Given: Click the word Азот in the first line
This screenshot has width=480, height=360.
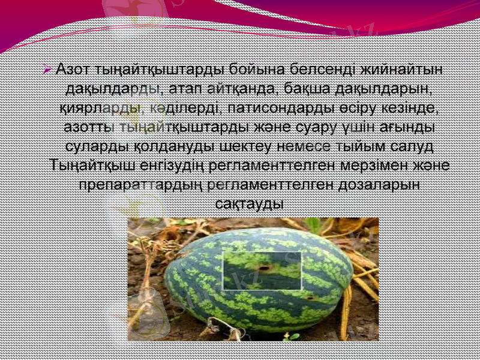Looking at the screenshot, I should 71,70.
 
